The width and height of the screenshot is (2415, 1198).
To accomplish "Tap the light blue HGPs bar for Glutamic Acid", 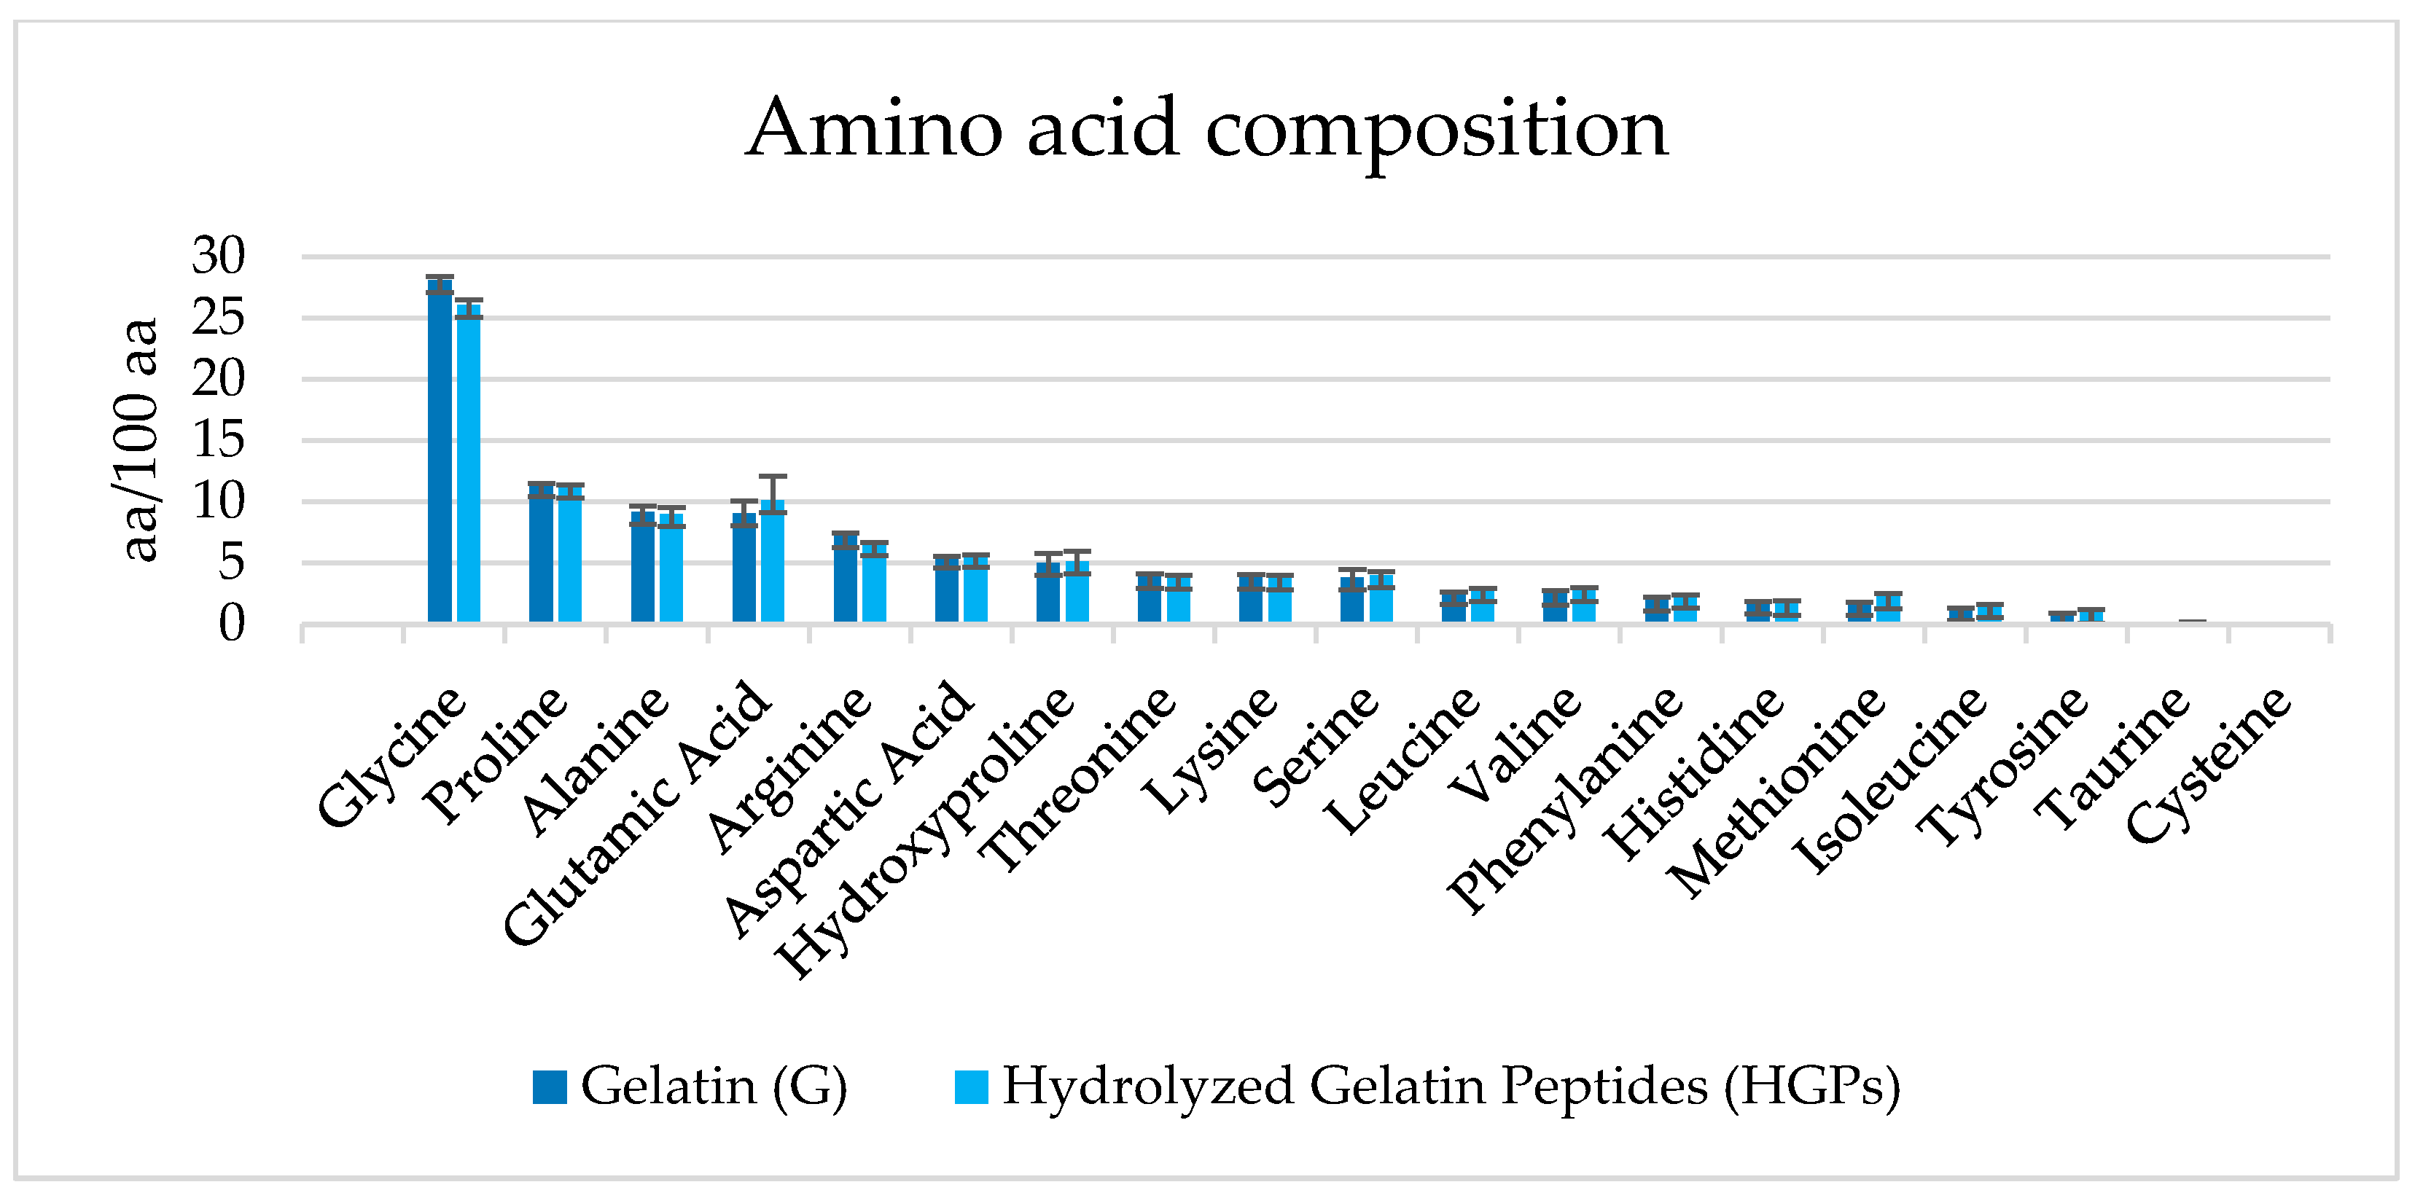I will (x=773, y=563).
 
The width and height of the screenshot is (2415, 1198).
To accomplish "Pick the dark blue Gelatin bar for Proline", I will (x=541, y=557).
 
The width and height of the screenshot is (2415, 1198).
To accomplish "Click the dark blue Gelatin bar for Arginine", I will (x=846, y=582).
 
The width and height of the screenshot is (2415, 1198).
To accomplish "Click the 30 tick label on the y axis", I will (x=219, y=256).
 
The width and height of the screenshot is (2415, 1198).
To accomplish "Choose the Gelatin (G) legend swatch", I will (x=550, y=1087).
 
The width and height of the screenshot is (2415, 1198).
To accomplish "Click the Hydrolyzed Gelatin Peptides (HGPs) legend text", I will (x=1451, y=1087).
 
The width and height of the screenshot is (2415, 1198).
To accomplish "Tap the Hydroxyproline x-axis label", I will (x=928, y=829).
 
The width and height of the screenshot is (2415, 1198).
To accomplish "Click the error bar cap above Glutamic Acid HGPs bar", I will (x=773, y=476).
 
